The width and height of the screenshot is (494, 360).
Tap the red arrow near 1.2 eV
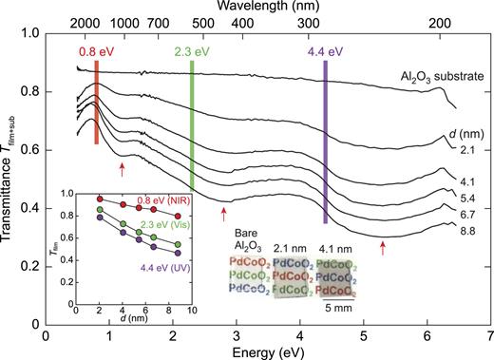(x=123, y=169)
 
